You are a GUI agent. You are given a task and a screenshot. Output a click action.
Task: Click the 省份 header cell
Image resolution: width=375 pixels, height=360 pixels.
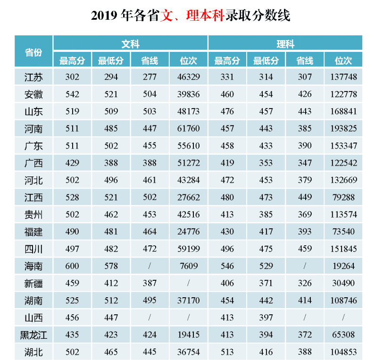click(33, 52)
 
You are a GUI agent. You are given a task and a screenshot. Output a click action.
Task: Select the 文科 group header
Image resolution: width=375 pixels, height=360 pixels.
click(130, 44)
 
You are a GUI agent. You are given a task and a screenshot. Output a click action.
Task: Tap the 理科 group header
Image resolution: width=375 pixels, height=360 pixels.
click(285, 44)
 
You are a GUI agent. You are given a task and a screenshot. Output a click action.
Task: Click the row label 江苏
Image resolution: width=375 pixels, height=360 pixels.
click(33, 77)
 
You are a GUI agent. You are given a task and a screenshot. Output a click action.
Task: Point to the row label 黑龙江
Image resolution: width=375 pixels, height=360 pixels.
click(33, 335)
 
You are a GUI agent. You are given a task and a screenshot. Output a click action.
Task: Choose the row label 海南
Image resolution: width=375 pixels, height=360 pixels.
click(33, 266)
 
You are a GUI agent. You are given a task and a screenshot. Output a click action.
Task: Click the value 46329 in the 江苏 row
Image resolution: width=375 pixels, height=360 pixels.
click(188, 77)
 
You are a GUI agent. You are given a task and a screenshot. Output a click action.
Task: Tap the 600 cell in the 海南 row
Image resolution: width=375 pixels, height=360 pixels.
click(72, 266)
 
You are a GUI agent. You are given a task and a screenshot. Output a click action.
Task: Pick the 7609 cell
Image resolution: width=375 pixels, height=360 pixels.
click(188, 266)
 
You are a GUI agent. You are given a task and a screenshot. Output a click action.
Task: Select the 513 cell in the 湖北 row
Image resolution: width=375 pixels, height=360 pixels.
click(227, 352)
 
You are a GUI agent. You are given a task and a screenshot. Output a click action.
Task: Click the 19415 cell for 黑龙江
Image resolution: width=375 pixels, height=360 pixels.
click(188, 335)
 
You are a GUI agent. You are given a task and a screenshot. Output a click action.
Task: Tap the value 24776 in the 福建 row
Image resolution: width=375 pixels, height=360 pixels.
click(188, 232)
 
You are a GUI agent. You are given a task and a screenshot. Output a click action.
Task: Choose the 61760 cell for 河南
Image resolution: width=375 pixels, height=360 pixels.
click(188, 128)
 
